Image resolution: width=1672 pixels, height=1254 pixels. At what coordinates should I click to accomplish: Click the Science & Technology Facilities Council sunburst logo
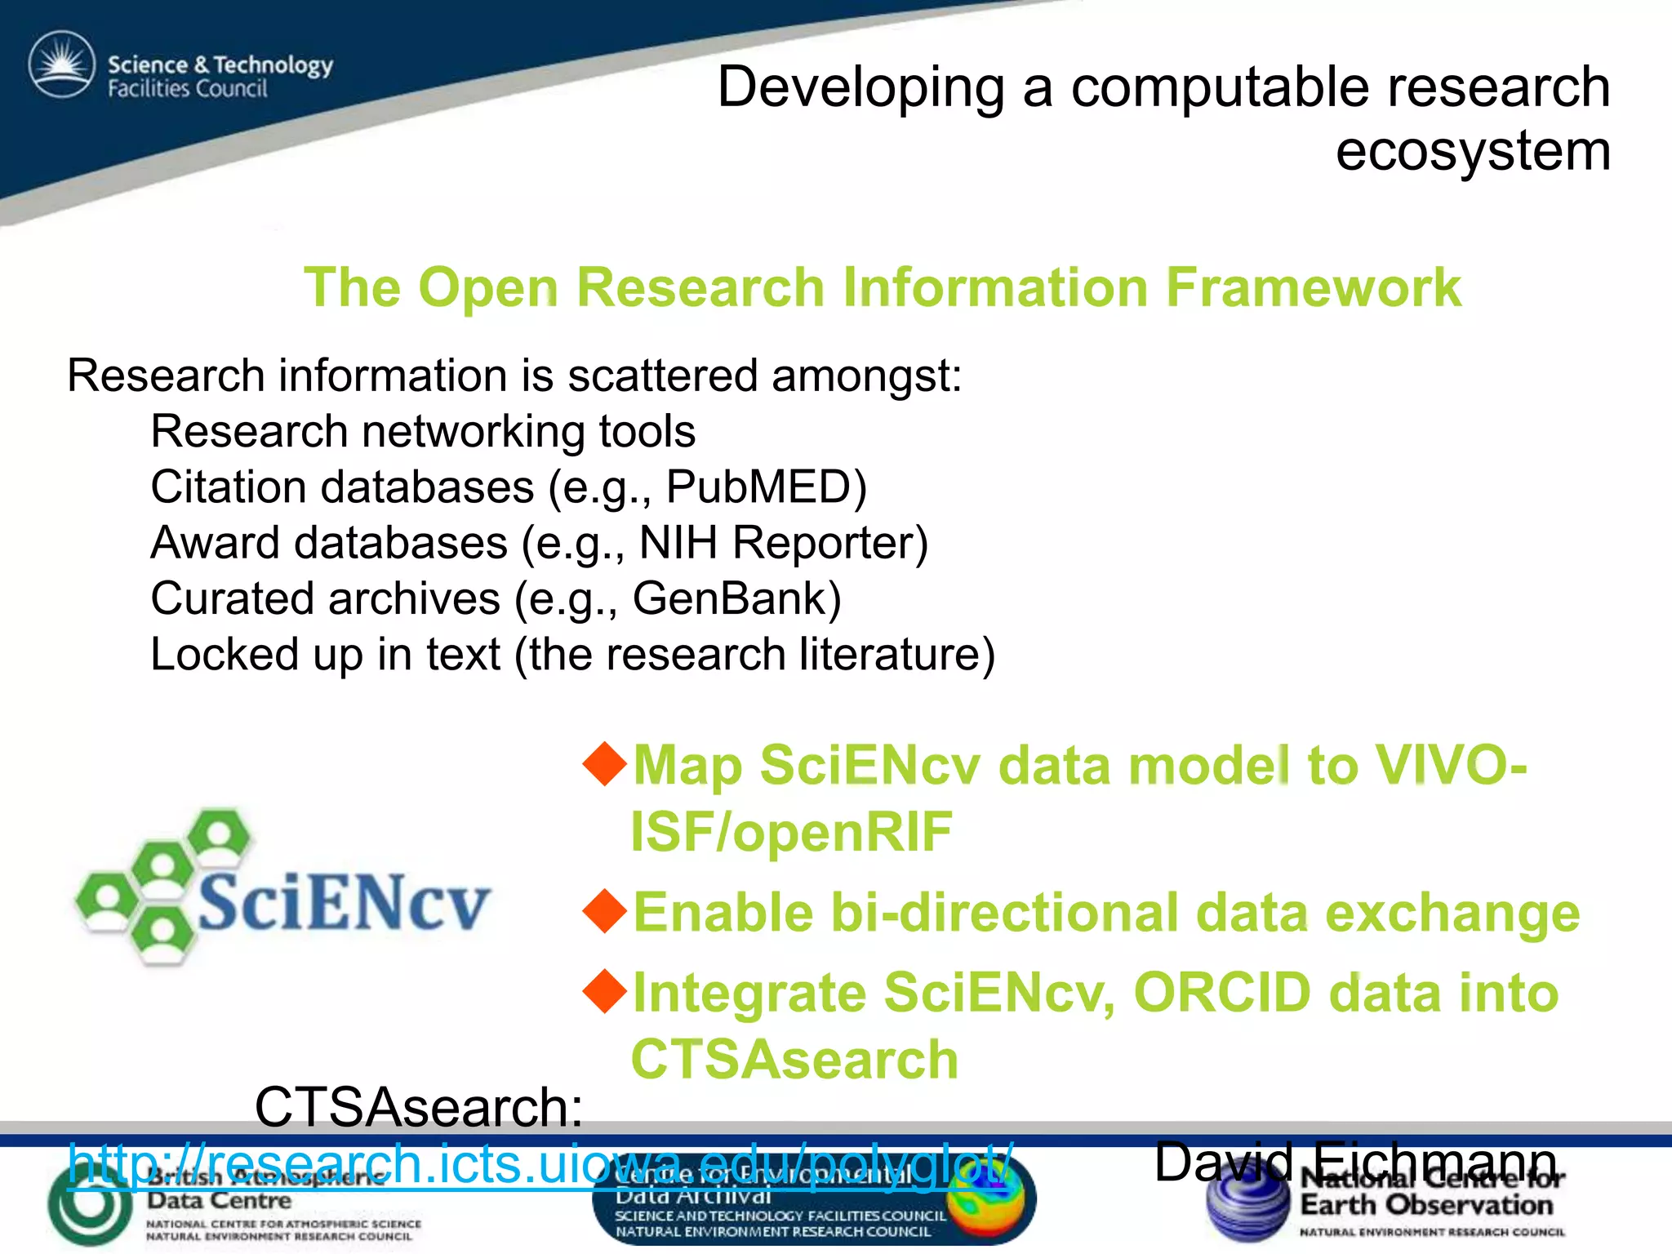click(61, 65)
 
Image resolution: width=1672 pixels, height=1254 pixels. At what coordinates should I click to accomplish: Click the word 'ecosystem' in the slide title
click(1472, 151)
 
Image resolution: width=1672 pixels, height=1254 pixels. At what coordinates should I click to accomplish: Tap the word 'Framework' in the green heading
click(1312, 287)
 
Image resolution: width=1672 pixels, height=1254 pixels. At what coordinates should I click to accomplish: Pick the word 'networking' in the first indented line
click(472, 431)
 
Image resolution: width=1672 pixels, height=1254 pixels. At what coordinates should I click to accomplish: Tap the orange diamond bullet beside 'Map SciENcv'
click(605, 763)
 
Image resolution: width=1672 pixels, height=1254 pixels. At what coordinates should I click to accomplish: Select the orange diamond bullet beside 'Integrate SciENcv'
click(605, 990)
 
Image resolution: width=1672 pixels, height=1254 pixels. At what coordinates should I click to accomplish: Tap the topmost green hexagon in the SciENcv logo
click(218, 837)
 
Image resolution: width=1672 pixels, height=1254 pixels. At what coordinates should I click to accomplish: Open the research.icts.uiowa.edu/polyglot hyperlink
click(539, 1163)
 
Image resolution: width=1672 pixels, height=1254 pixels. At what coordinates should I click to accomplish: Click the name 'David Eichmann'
click(1355, 1162)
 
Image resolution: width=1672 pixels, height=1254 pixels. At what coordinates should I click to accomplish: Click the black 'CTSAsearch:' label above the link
click(418, 1108)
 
